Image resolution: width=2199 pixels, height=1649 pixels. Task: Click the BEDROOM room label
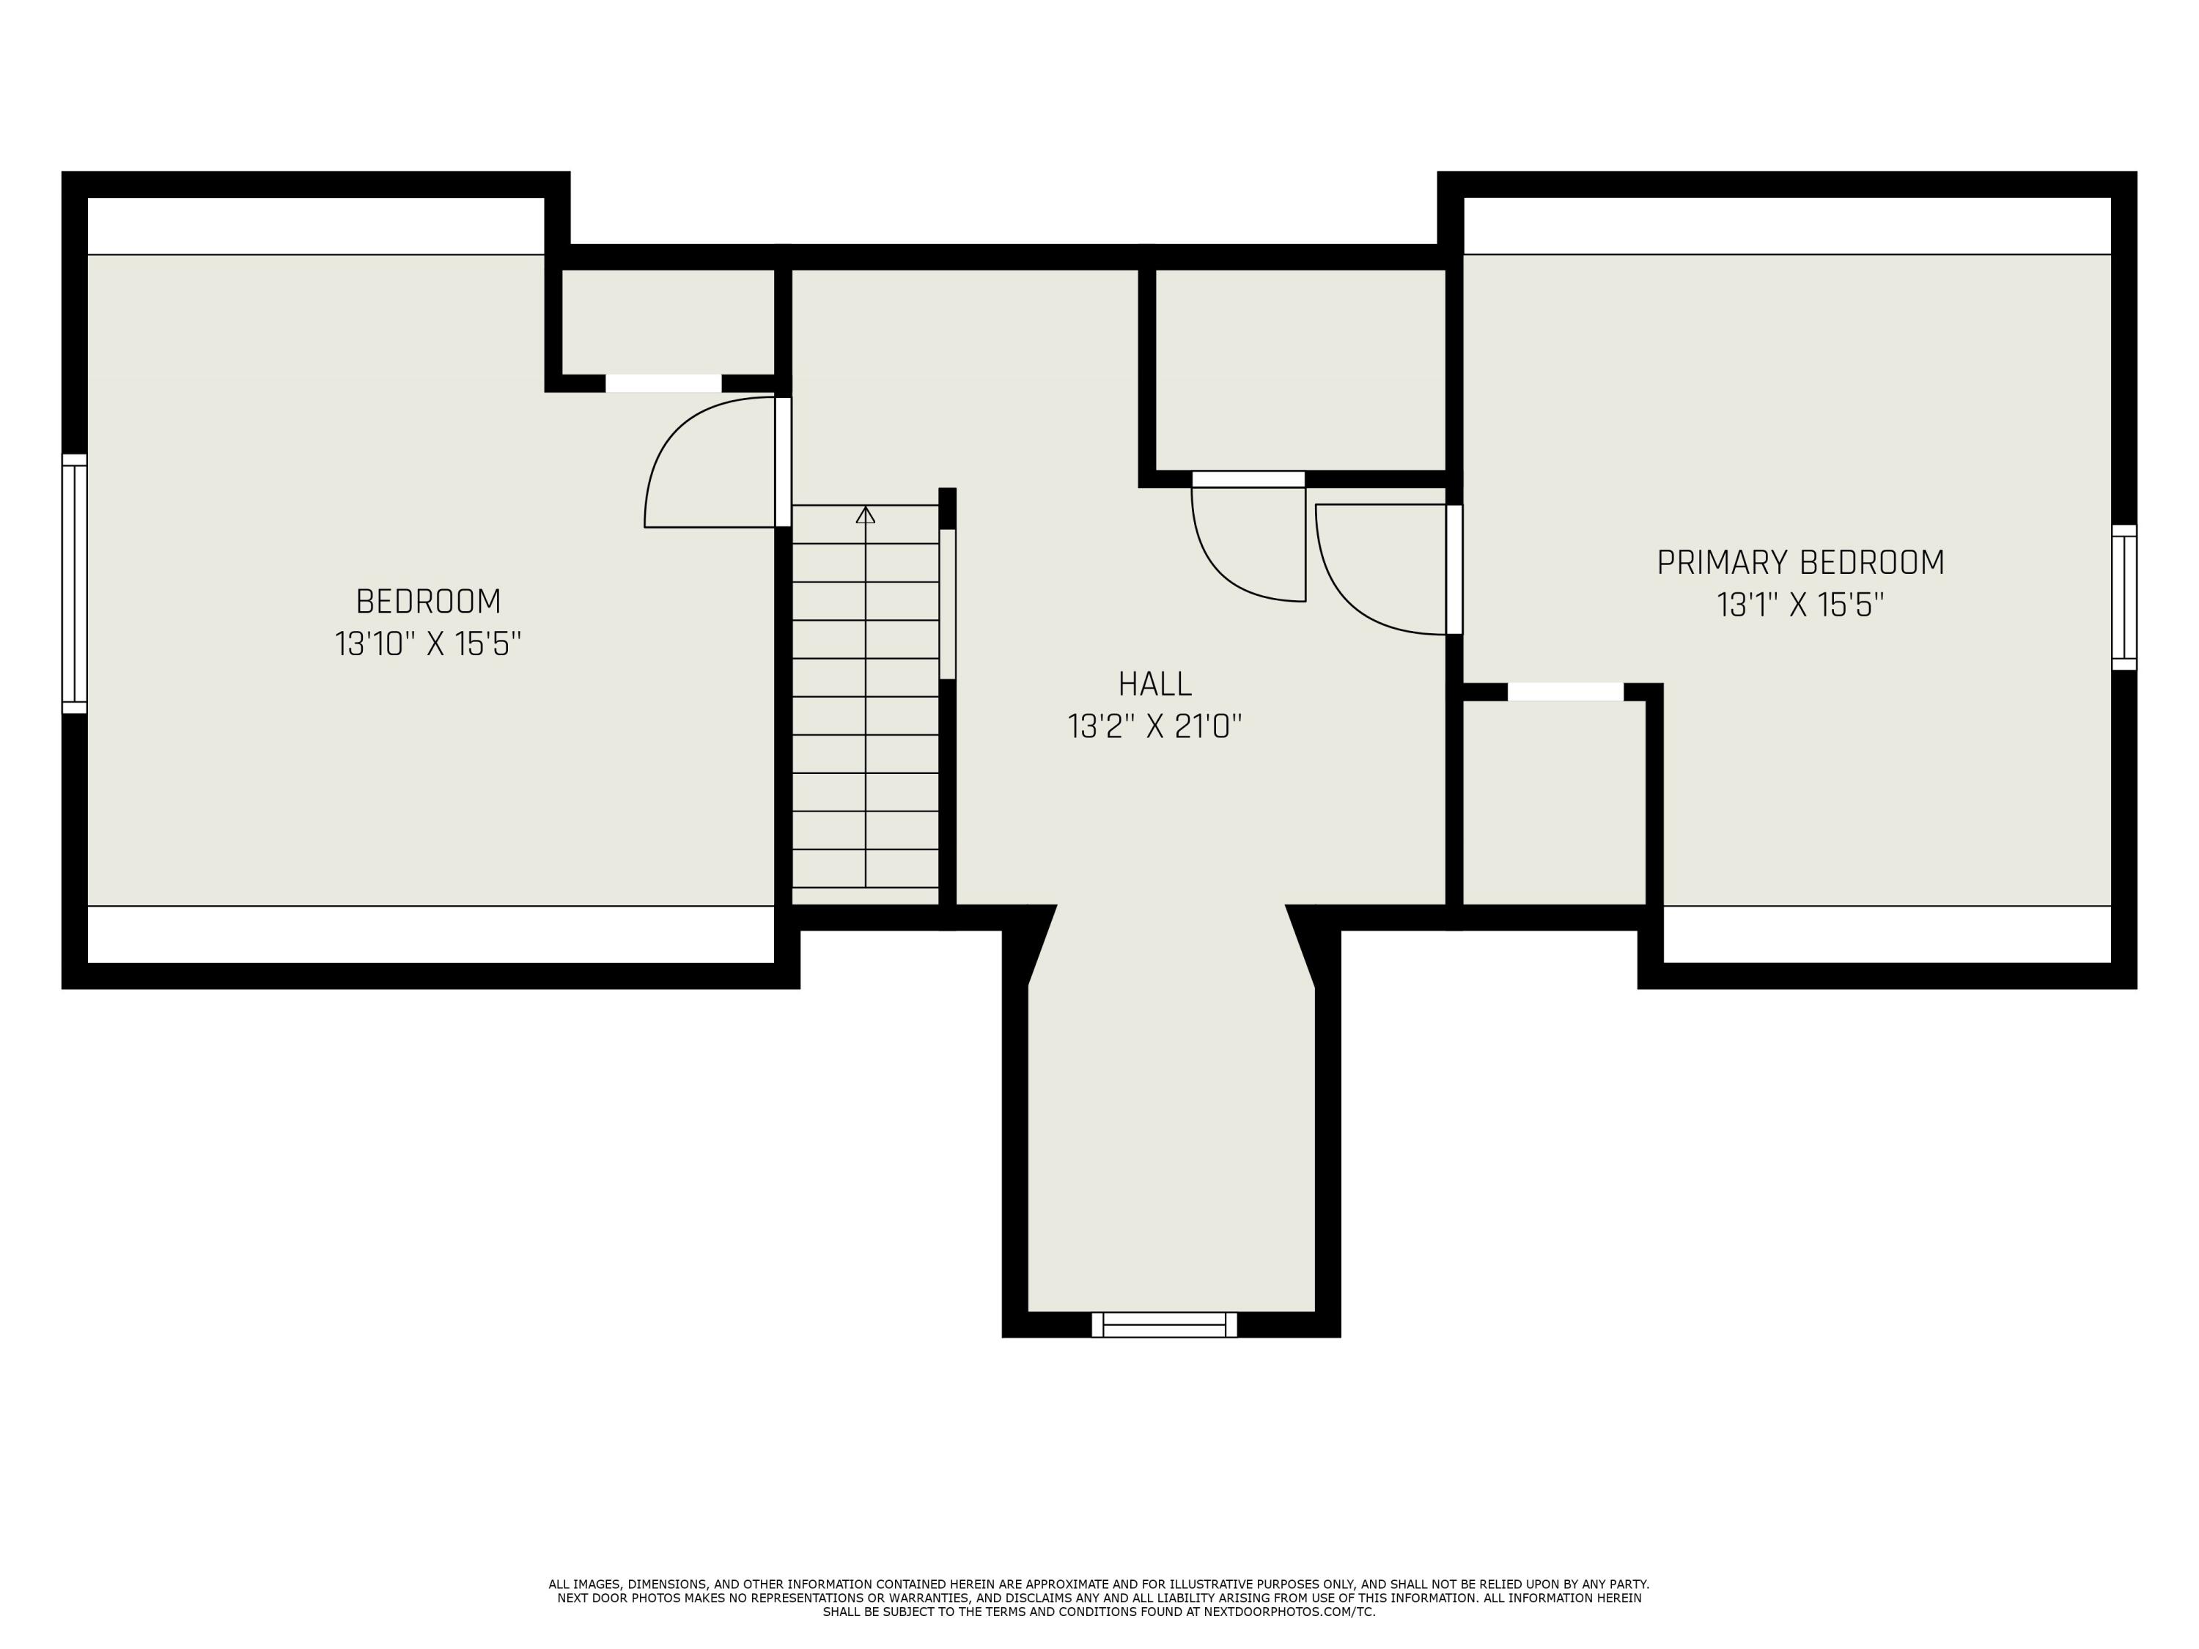click(429, 602)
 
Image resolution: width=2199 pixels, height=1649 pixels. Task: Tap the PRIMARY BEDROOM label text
click(1800, 563)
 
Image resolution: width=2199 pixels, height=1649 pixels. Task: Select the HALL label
click(1155, 684)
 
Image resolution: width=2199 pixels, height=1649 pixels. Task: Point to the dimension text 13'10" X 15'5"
click(429, 644)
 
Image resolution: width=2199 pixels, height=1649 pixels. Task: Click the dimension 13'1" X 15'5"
click(1800, 605)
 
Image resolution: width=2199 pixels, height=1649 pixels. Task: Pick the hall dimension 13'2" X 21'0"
click(1155, 726)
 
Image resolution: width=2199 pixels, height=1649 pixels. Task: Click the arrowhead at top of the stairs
click(866, 515)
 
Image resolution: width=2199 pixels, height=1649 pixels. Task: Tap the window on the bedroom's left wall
click(75, 584)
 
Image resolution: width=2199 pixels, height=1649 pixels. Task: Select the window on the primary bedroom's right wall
click(2124, 597)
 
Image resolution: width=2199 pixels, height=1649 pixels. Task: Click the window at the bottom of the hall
click(1164, 1324)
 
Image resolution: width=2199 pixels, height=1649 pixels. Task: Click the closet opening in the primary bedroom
click(1566, 692)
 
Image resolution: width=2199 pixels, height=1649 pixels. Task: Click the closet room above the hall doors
click(1300, 370)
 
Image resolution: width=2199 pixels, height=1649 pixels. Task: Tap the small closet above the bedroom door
click(668, 322)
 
